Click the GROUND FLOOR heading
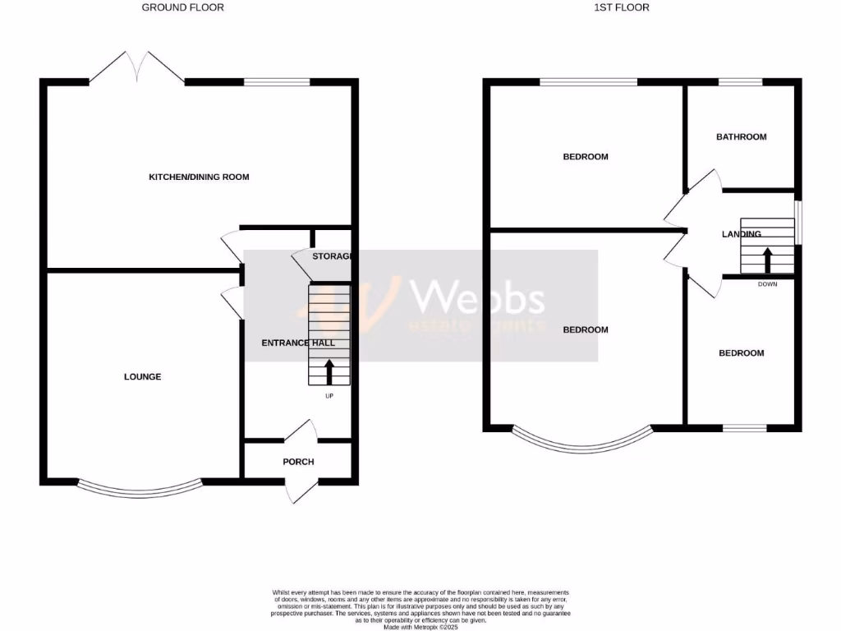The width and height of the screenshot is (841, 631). pyautogui.click(x=182, y=7)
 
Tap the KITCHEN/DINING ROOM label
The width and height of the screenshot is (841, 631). pyautogui.click(x=199, y=177)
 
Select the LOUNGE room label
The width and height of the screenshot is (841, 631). pyautogui.click(x=143, y=377)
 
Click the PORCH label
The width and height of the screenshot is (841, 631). pyautogui.click(x=298, y=462)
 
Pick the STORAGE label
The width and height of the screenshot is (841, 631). pyautogui.click(x=332, y=256)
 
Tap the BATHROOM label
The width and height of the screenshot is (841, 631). pyautogui.click(x=741, y=137)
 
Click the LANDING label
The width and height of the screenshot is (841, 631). pyautogui.click(x=741, y=234)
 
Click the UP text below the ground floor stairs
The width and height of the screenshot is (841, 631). pyautogui.click(x=329, y=396)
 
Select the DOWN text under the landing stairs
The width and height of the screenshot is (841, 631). pyautogui.click(x=767, y=285)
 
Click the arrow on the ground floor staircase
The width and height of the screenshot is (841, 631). pyautogui.click(x=329, y=371)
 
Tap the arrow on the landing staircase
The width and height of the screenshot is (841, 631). pyautogui.click(x=768, y=261)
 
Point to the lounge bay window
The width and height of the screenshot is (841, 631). pyautogui.click(x=140, y=490)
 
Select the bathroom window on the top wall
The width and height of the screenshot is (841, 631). pyautogui.click(x=741, y=82)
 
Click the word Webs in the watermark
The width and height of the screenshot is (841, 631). pyautogui.click(x=477, y=297)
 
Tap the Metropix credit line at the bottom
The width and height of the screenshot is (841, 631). pyautogui.click(x=420, y=625)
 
